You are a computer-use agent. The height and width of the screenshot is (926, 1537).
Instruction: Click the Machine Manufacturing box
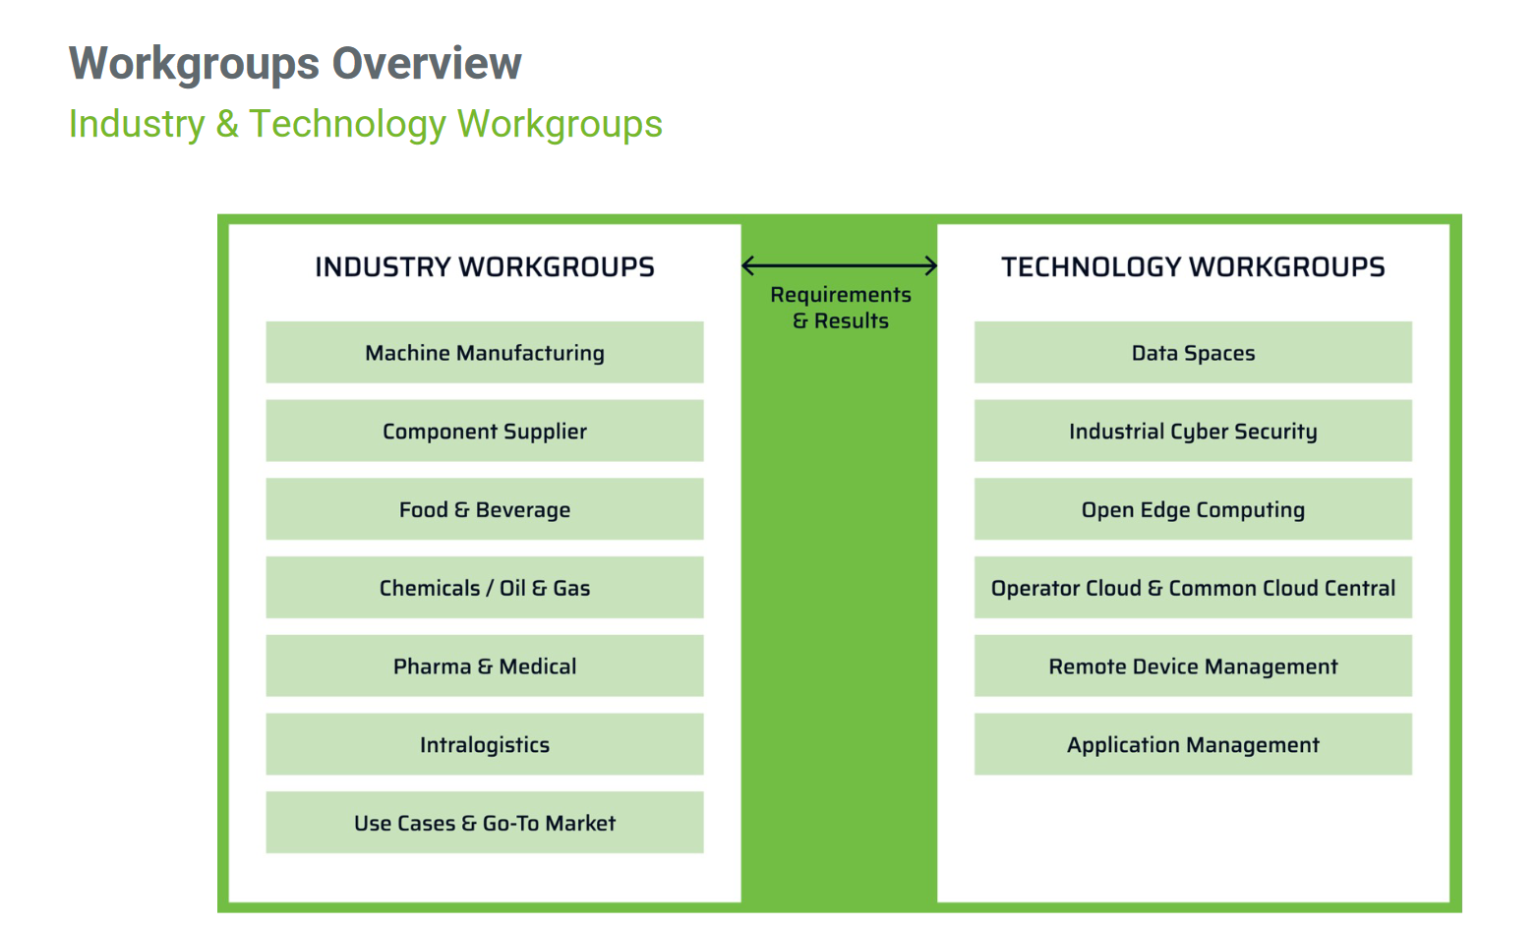coord(485,352)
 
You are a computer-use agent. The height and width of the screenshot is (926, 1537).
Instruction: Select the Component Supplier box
coord(485,431)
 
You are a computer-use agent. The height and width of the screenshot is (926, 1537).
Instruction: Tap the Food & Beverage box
coord(485,509)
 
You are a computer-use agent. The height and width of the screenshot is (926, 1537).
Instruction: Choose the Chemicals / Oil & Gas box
coord(485,587)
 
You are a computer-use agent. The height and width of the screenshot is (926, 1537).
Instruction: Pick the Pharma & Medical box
coord(485,666)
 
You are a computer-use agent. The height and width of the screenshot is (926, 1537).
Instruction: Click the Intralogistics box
coord(485,744)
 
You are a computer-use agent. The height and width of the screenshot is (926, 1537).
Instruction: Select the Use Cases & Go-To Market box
coord(485,823)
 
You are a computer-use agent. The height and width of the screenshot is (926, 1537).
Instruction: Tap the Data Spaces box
coord(1193,352)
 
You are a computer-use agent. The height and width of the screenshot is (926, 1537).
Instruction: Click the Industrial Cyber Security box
coord(1193,431)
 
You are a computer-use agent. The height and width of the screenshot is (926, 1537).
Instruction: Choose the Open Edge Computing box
coord(1193,509)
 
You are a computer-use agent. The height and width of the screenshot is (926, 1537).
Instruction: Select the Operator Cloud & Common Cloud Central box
coord(1193,587)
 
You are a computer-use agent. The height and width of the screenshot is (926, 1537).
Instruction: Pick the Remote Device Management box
coord(1193,666)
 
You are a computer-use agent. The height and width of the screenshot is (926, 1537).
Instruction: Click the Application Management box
coord(1193,744)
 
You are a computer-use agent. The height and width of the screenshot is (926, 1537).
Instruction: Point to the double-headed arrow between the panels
coord(839,265)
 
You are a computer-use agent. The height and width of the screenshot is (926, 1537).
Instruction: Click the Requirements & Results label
coord(841,308)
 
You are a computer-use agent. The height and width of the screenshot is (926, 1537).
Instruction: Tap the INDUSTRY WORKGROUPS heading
coord(485,266)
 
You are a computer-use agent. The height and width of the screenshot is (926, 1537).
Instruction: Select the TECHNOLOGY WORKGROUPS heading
coord(1193,266)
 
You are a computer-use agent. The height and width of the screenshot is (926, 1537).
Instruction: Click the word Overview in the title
coord(427,63)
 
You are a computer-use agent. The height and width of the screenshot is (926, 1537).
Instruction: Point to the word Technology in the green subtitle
coord(347,124)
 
